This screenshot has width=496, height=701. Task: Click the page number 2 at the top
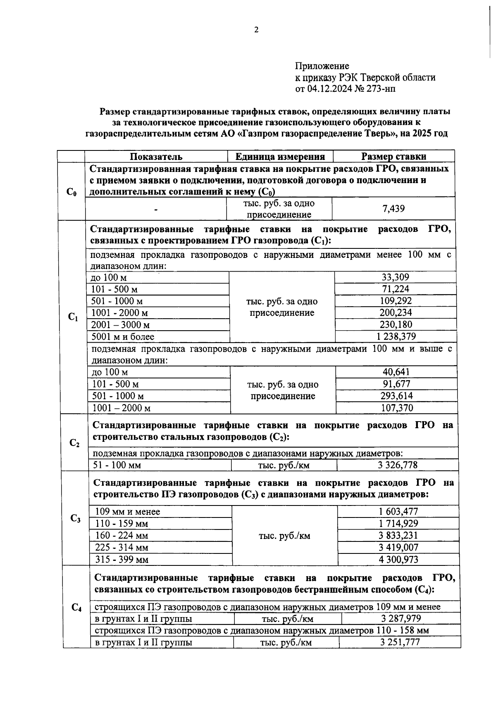256,30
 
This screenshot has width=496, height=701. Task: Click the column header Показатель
156,157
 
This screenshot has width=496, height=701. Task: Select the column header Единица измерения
280,157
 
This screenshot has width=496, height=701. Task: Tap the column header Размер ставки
393,157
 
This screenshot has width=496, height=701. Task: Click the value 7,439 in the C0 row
393,209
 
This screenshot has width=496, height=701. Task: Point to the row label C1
73,317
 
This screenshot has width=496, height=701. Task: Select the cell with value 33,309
395,277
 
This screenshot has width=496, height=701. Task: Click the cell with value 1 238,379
396,337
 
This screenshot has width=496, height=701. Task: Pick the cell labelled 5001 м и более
123,337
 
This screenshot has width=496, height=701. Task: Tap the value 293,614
396,396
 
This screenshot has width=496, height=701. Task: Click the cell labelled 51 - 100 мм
117,465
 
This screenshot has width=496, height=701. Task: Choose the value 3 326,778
397,465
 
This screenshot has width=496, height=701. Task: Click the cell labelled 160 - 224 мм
122,536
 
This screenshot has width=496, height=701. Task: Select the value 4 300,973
398,560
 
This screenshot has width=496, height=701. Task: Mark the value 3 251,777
400,642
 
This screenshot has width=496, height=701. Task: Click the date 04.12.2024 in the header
329,88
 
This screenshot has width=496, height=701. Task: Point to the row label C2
74,443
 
